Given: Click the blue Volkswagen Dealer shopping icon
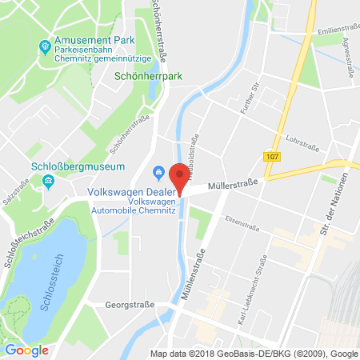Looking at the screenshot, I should click(x=158, y=170).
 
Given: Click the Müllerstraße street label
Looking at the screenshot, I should click(x=231, y=184).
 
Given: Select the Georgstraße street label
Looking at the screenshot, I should click(x=130, y=306).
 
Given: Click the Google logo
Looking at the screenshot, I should click(x=26, y=350).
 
